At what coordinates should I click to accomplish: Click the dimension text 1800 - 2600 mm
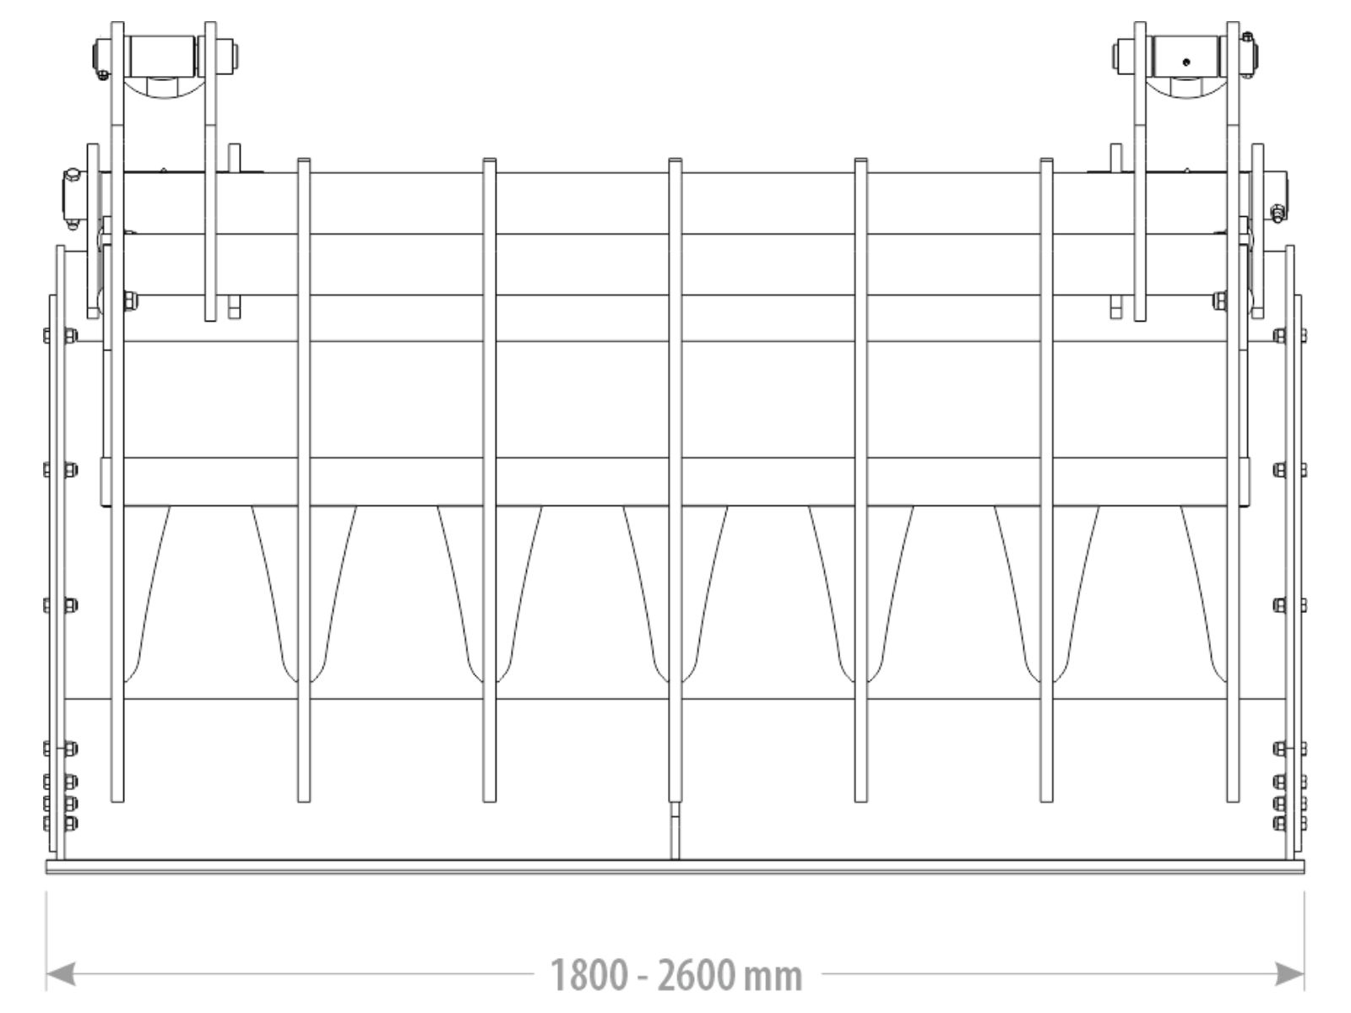click(x=675, y=975)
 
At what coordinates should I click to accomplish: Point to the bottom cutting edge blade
click(x=675, y=866)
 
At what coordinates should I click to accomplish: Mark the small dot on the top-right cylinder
click(x=1186, y=61)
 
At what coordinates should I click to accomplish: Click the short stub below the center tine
click(x=675, y=831)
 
